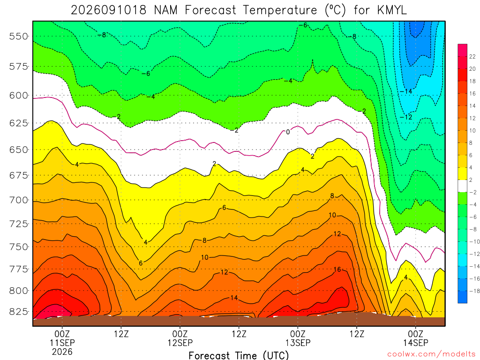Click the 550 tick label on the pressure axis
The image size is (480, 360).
coord(19,37)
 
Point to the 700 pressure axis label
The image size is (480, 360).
coord(19,200)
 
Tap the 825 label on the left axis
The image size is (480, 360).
coord(19,312)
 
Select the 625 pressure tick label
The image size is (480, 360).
coord(19,123)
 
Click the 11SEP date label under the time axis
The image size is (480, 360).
coord(62,343)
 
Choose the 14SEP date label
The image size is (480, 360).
coord(416,343)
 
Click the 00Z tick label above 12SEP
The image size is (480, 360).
coord(180,334)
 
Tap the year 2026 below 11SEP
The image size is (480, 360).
coord(62,352)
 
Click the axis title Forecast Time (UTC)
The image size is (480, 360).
coord(239,355)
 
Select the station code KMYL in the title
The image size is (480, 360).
coord(392,10)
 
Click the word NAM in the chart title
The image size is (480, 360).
coord(165,10)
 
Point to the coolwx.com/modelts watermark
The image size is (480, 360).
coord(431,354)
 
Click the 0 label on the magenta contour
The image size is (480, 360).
coord(288,132)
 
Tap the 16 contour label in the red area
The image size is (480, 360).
coord(337,270)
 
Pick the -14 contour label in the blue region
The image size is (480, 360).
coord(406,91)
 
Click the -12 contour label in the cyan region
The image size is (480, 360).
coord(406,117)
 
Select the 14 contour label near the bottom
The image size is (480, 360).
coord(234,298)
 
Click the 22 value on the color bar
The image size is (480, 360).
coord(472,57)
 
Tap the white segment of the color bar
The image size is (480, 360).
coord(463,186)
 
